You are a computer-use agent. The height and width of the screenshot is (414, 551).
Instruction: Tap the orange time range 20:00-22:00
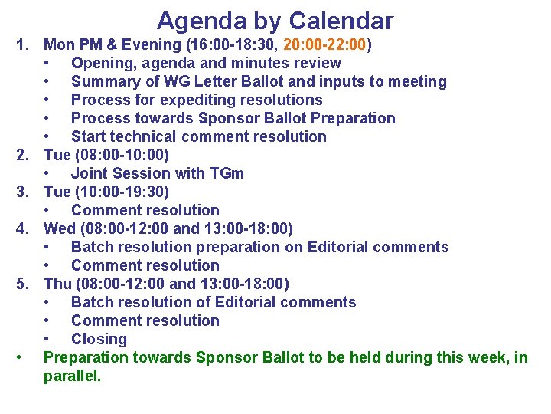[x=325, y=44]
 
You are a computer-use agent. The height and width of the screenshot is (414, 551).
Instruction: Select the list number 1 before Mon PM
[x=23, y=44]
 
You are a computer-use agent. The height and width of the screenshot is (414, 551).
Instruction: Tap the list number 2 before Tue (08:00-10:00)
[x=23, y=155]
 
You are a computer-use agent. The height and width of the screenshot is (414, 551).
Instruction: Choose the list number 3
[x=23, y=192]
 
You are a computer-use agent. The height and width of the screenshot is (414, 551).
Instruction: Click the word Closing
[x=99, y=339]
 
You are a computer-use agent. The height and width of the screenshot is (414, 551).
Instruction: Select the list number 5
[x=23, y=284]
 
